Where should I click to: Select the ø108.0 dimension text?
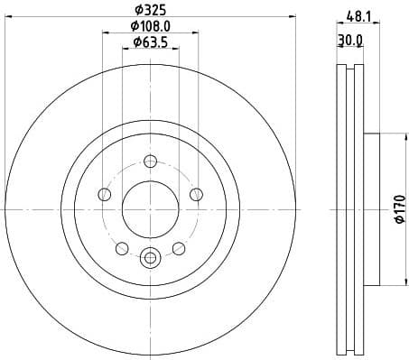[x=150, y=29]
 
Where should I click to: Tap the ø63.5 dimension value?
[x=150, y=42]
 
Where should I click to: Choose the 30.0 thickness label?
[x=349, y=40]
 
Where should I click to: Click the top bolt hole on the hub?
[x=150, y=162]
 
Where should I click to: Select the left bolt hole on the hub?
[x=105, y=195]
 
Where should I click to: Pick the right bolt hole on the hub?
[x=195, y=195]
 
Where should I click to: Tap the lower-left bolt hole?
[x=122, y=247]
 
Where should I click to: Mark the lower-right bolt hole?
[x=178, y=247]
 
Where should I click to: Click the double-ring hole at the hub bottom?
[x=150, y=257]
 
